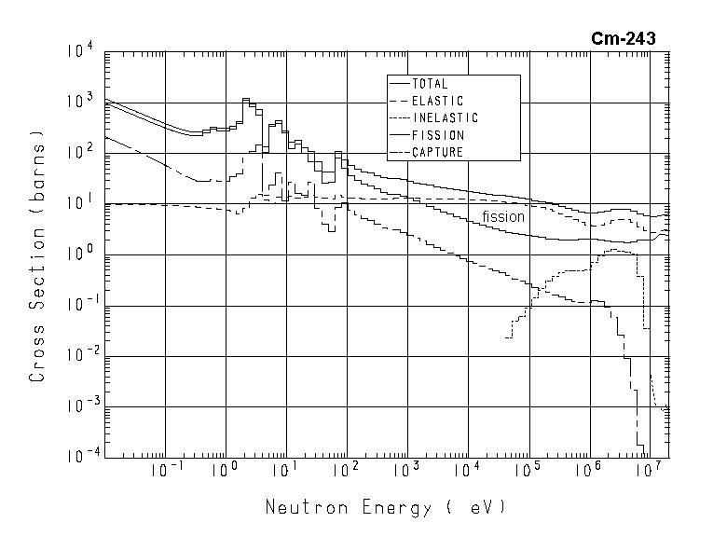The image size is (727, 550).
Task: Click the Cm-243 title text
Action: (623, 38)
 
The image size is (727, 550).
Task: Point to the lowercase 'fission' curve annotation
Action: (503, 217)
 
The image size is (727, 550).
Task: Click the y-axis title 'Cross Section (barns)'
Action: (37, 261)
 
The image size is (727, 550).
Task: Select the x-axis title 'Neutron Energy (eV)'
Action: (385, 508)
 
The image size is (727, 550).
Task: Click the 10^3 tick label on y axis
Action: (80, 102)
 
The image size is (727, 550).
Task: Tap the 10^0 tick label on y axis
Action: (80, 254)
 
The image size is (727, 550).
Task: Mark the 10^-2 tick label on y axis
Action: (78, 355)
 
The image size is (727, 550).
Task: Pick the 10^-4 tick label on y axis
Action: (78, 457)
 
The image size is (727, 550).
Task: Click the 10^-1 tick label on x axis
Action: (166, 471)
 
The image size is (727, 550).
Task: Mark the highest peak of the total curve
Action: (246, 99)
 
